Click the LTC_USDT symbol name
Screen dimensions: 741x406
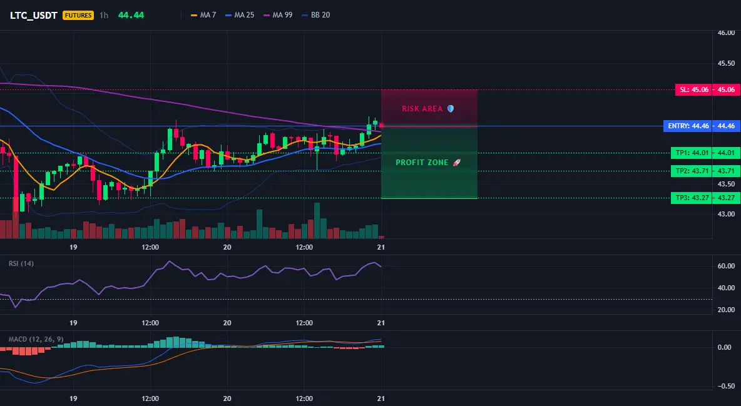[34, 15]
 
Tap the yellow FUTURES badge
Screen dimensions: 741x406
[78, 15]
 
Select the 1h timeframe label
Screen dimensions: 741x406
[104, 15]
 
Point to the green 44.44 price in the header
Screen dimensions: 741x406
[131, 15]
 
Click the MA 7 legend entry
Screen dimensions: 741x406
[203, 15]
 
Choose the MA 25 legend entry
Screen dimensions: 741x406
[240, 15]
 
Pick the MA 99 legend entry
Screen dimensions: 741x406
[278, 15]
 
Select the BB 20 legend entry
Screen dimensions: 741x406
[315, 15]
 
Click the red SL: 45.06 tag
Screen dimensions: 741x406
[692, 89]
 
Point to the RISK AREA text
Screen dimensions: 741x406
[422, 109]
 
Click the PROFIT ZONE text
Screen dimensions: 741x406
[422, 163]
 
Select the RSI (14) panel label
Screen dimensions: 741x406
[21, 263]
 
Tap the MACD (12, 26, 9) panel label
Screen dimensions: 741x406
[36, 339]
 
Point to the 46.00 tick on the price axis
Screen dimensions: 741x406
[727, 33]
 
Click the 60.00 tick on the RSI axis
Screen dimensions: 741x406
[727, 266]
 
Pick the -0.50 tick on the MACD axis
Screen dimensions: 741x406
[725, 386]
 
